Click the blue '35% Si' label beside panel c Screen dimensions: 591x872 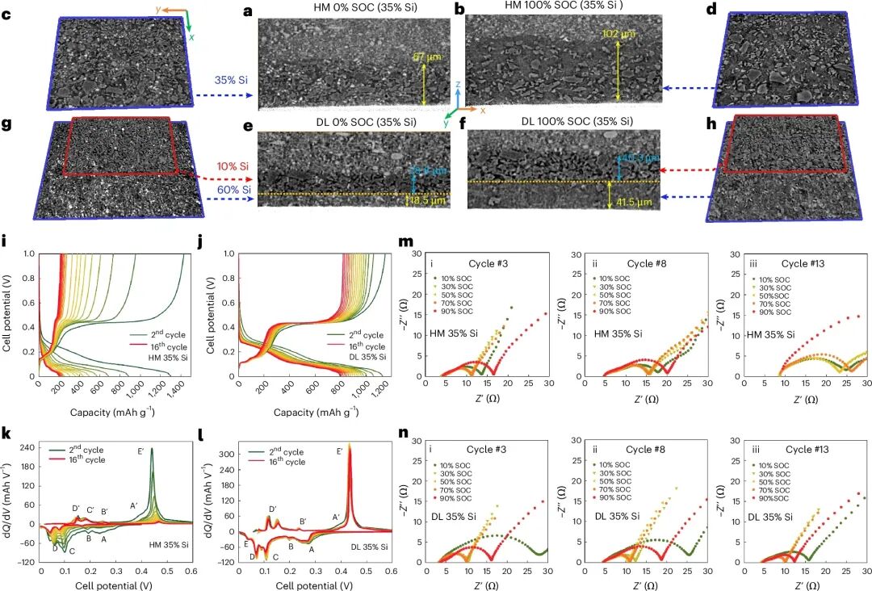231,81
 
